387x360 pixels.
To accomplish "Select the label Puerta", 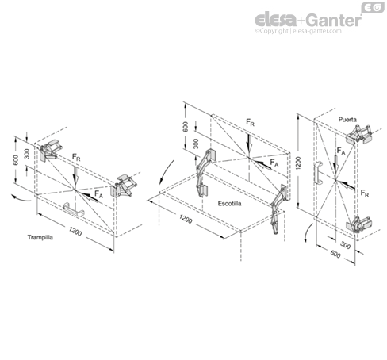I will pos(347,119).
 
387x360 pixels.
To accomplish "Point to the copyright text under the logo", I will pos(297,32).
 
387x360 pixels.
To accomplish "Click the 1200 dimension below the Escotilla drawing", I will pos(186,219).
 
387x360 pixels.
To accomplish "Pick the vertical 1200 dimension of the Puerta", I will pos(297,165).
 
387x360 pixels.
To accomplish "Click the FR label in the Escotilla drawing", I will pos(250,124).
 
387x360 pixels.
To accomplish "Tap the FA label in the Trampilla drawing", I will pos(99,193).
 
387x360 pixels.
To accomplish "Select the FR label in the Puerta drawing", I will pos(363,193).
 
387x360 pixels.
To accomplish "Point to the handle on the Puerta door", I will pos(316,175).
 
